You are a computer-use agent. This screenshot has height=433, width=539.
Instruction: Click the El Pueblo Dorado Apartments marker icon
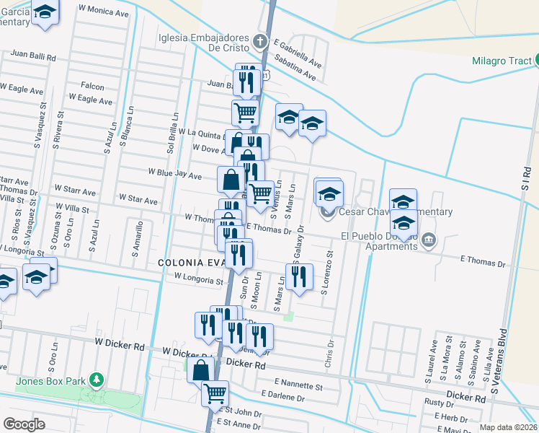[429, 239]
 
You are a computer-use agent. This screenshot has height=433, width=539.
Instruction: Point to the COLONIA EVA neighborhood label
[190, 263]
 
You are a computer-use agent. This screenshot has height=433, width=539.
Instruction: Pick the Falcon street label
[92, 87]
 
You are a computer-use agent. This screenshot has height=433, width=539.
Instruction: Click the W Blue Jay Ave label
[174, 173]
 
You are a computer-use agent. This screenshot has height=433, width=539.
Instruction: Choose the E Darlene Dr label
[283, 397]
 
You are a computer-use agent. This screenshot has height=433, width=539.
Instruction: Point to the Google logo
[24, 424]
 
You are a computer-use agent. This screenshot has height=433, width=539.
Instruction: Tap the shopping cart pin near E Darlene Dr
[215, 393]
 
